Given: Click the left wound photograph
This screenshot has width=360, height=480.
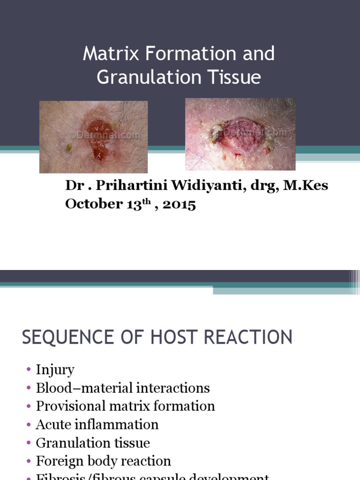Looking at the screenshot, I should pyautogui.click(x=93, y=137).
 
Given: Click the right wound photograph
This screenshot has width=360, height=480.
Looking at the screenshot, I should pyautogui.click(x=240, y=134).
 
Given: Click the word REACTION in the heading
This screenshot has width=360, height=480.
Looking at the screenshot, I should pyautogui.click(x=248, y=337).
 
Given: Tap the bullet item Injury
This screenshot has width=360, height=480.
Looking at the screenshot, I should pyautogui.click(x=55, y=370).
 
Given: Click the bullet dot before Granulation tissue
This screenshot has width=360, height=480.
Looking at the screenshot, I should pyautogui.click(x=30, y=443).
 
